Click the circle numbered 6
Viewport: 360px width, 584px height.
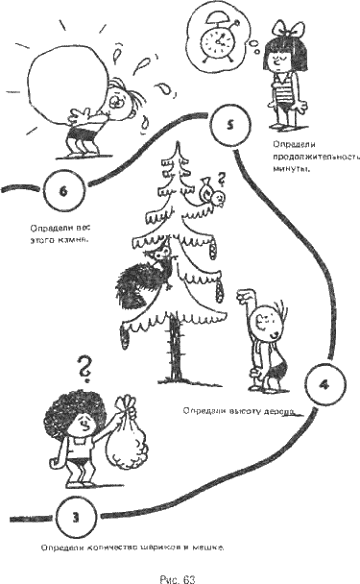point(62,190)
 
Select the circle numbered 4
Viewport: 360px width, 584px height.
point(324,384)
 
